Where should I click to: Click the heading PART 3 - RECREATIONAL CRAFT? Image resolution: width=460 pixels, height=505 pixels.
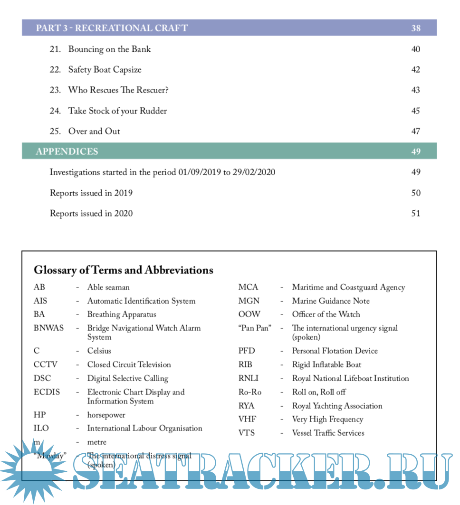point(112,28)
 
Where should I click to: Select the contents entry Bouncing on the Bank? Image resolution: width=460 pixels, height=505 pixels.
point(109,49)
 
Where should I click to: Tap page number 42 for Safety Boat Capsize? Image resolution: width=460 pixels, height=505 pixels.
point(415,70)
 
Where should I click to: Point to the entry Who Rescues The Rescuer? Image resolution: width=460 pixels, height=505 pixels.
point(118,90)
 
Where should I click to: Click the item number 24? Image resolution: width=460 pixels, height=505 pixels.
point(55,111)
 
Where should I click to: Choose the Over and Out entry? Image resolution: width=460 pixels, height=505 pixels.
point(94,131)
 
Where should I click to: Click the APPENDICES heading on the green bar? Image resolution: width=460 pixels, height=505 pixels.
point(67,152)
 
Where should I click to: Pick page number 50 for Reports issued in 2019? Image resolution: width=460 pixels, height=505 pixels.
point(415,193)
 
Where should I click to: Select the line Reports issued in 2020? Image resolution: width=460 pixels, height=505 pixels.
point(91,214)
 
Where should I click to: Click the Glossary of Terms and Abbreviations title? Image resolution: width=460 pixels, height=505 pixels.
point(124,271)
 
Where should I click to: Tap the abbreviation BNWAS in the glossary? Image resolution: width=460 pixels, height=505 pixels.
point(48,328)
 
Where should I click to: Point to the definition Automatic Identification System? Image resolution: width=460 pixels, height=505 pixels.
point(141,301)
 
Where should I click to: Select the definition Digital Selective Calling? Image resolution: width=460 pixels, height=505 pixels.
point(128,378)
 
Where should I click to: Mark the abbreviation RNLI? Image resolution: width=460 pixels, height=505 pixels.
point(249,378)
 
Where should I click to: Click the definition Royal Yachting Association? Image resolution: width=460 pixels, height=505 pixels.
point(337,406)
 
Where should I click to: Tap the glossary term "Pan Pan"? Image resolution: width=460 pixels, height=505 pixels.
point(254,328)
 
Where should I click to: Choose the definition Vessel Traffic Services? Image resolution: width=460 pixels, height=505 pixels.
point(328,433)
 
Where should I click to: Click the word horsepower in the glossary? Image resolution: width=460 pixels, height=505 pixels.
point(106,415)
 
